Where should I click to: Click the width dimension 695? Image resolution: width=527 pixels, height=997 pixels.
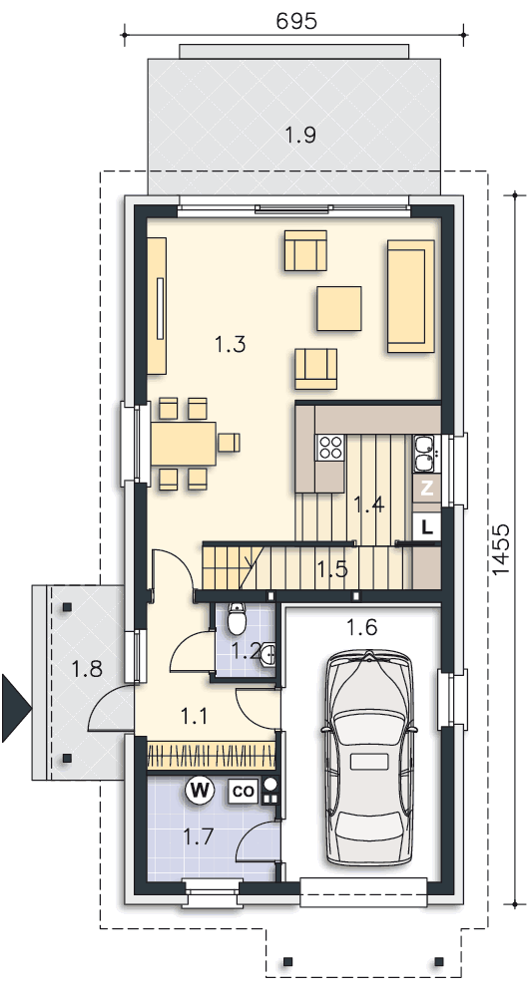pyautogui.click(x=296, y=21)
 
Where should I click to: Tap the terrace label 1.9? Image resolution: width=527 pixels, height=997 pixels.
pyautogui.click(x=300, y=135)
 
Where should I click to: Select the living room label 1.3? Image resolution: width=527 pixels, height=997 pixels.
pyautogui.click(x=230, y=345)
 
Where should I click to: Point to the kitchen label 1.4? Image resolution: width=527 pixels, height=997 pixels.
pyautogui.click(x=369, y=505)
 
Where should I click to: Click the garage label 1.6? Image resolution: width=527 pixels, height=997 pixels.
pyautogui.click(x=361, y=627)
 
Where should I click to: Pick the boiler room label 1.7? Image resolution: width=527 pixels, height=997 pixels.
pyautogui.click(x=198, y=837)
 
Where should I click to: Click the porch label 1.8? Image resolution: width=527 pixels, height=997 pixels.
pyautogui.click(x=86, y=669)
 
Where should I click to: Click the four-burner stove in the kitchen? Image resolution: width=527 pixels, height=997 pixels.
pyautogui.click(x=330, y=447)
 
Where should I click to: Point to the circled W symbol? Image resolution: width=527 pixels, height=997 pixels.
pyautogui.click(x=199, y=791)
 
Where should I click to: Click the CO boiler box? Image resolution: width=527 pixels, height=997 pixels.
pyautogui.click(x=244, y=792)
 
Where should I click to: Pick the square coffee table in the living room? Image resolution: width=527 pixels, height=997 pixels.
pyautogui.click(x=339, y=308)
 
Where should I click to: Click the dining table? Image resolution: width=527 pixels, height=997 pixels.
pyautogui.click(x=184, y=444)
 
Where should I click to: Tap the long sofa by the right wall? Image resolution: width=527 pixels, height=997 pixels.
pyautogui.click(x=410, y=296)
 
